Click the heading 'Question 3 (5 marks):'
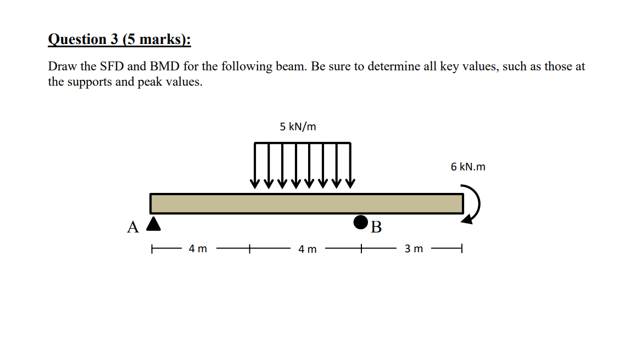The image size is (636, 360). [x=119, y=40]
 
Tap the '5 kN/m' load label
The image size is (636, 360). [x=298, y=126]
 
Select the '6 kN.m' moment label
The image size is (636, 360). [x=468, y=167]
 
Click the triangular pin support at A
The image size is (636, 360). [x=153, y=224]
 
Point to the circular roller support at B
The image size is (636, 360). [x=361, y=223]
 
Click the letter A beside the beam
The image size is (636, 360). [x=132, y=227]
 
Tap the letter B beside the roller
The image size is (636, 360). [x=376, y=227]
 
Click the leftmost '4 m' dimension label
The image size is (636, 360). [x=198, y=248]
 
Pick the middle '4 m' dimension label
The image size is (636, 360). [x=307, y=249]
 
